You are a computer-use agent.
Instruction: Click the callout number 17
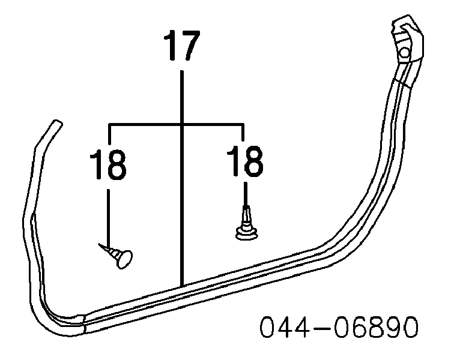pyautogui.click(x=182, y=45)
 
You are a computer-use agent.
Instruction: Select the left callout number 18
pyautogui.click(x=108, y=164)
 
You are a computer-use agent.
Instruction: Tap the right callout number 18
pyautogui.click(x=245, y=161)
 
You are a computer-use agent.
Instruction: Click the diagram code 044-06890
pyautogui.click(x=339, y=327)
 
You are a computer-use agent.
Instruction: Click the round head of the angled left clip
pyautogui.click(x=124, y=259)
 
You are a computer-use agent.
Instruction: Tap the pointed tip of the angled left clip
pyautogui.click(x=99, y=244)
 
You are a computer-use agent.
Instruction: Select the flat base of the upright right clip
pyautogui.click(x=247, y=235)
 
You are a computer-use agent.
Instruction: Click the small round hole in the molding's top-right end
pyautogui.click(x=404, y=53)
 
